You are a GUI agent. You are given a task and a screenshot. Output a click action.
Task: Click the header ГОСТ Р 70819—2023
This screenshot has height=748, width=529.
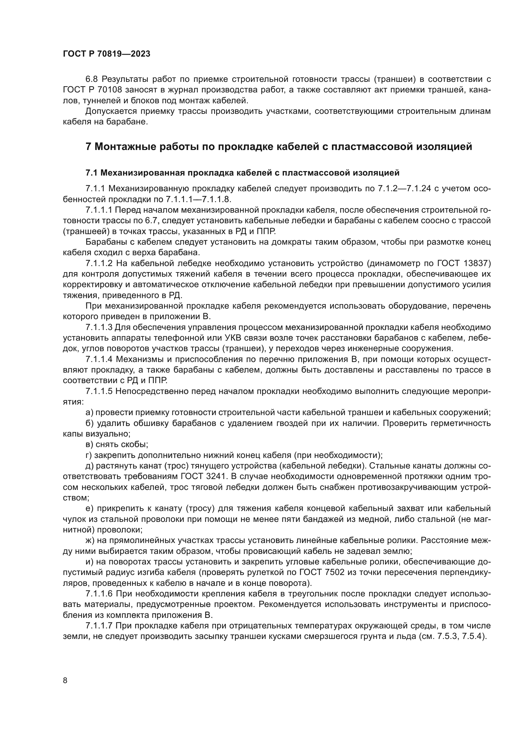coord(107,54)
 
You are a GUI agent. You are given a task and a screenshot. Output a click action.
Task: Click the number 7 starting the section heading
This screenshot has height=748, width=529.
coord(88,146)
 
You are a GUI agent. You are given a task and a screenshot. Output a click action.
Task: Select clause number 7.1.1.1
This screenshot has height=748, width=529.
coord(99,210)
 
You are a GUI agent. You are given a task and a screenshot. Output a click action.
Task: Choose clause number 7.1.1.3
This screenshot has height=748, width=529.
coord(99,327)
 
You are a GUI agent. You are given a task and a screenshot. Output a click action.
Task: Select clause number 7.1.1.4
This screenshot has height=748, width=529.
coord(99,359)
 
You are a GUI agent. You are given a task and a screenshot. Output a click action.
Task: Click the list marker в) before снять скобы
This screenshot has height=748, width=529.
coord(89,445)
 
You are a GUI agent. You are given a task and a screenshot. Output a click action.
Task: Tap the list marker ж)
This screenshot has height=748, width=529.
coord(90,540)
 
